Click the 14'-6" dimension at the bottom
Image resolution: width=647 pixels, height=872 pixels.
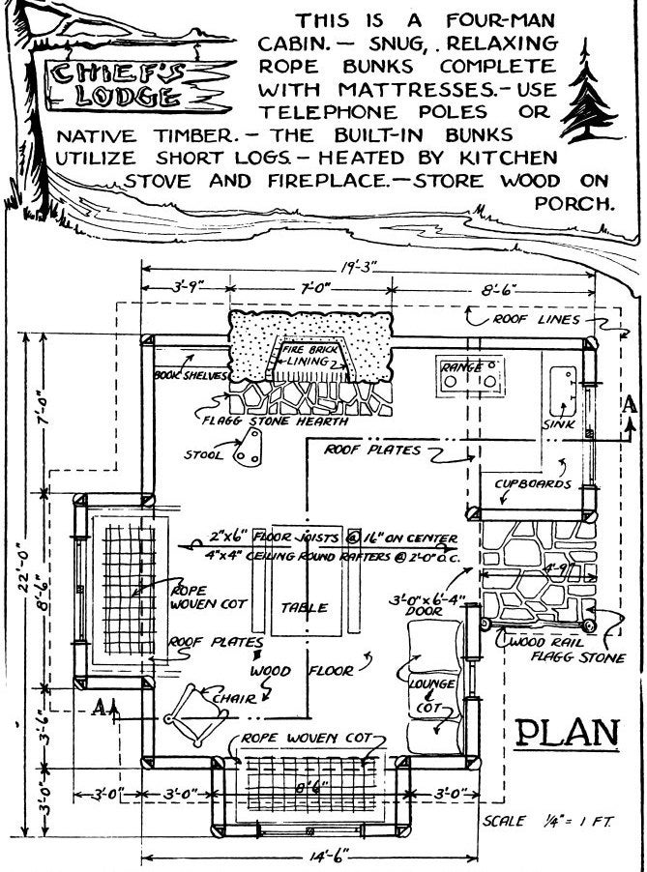pos(311,857)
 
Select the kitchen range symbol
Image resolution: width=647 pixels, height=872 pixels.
pos(472,374)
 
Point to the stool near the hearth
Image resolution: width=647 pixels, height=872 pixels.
pos(253,447)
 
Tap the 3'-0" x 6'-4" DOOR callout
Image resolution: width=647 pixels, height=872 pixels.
pos(426,604)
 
